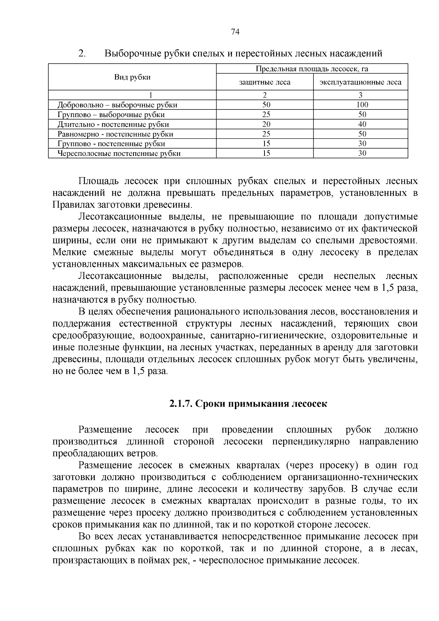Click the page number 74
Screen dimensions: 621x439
[x=235, y=32]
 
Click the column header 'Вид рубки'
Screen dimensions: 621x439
[x=132, y=77]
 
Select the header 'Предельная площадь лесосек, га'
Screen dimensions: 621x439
[x=312, y=69]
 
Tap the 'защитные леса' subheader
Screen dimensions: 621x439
[x=264, y=82]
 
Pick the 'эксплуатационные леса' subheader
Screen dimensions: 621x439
[x=360, y=82]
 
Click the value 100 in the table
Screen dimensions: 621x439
[x=362, y=105]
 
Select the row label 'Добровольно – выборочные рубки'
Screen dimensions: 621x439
[x=117, y=105]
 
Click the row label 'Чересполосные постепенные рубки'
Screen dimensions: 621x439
[x=119, y=153]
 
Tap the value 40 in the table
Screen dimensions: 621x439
[x=362, y=124]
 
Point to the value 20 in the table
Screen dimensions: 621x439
[x=266, y=124]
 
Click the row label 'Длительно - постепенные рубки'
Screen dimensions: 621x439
[x=113, y=124]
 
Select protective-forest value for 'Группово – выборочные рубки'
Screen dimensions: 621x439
[x=266, y=115]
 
